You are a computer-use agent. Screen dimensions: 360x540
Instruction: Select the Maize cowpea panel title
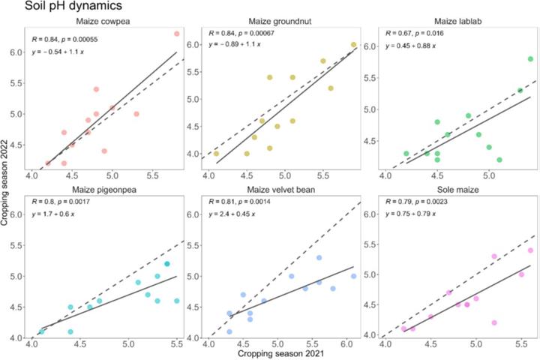[x=104, y=21]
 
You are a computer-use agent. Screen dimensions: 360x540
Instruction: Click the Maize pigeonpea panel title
[x=104, y=187]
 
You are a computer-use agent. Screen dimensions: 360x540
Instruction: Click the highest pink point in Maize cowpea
[x=177, y=34]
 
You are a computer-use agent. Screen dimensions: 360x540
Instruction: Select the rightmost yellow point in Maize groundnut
[x=353, y=45]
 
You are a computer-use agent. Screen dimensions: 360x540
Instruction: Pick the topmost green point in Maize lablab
[x=530, y=59]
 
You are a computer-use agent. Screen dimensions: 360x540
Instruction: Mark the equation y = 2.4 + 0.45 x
[x=238, y=216]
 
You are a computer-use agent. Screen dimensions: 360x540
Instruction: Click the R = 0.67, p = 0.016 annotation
[x=417, y=35]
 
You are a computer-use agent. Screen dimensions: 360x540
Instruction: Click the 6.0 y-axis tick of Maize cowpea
[x=16, y=52]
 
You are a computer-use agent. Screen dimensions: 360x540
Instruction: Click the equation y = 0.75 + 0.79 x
[x=418, y=216]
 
